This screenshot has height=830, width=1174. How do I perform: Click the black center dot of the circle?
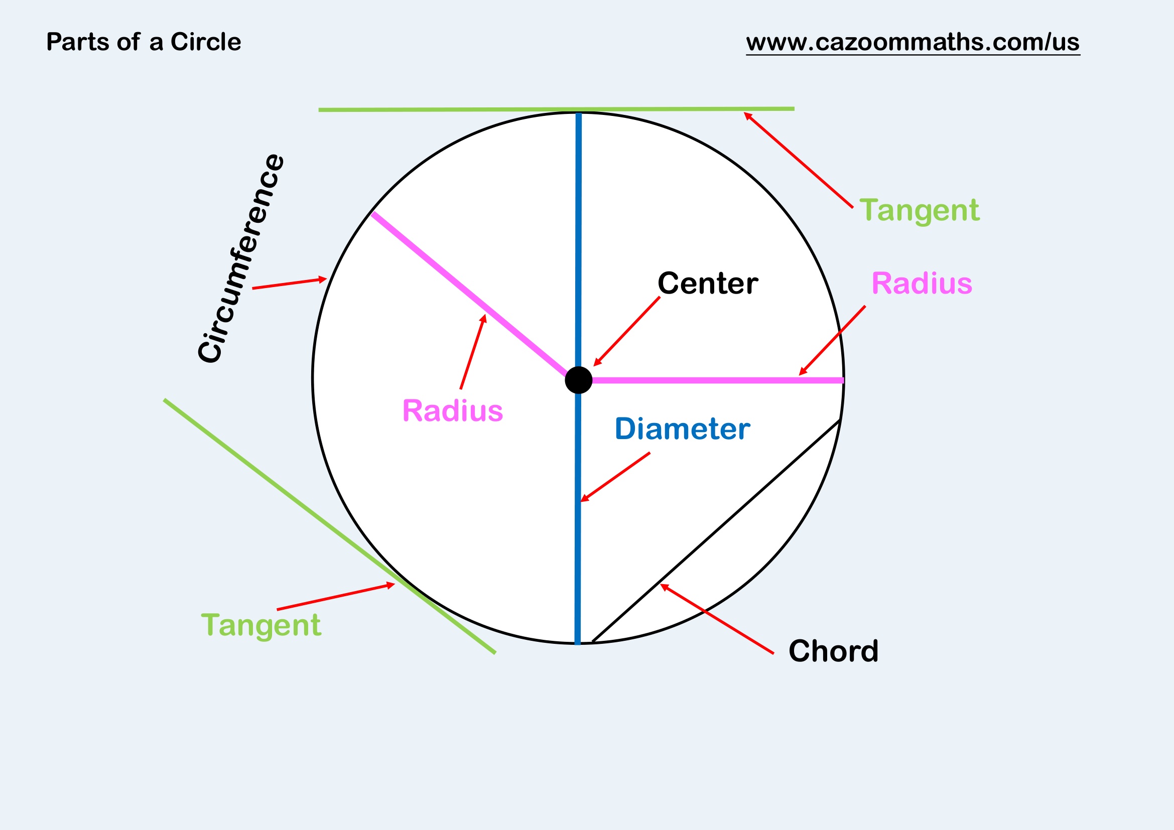point(578,380)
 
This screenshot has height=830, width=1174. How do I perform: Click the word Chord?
point(834,651)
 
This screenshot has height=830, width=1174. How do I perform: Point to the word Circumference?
point(240,258)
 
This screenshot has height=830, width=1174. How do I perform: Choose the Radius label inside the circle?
point(453,411)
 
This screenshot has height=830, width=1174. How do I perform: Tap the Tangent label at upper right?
point(919,211)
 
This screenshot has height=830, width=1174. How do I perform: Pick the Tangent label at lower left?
point(261,625)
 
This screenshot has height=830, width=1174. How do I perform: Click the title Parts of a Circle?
point(143,42)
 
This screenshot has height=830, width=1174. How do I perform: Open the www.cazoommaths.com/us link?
point(912,42)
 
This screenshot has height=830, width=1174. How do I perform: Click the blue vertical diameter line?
point(578,230)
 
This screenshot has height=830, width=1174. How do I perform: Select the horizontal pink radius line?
point(716,380)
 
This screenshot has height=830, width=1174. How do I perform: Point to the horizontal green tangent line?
point(511,109)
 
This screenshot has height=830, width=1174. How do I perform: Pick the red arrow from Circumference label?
point(290,284)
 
